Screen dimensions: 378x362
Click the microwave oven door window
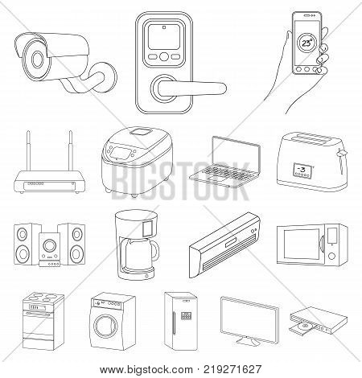301,253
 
